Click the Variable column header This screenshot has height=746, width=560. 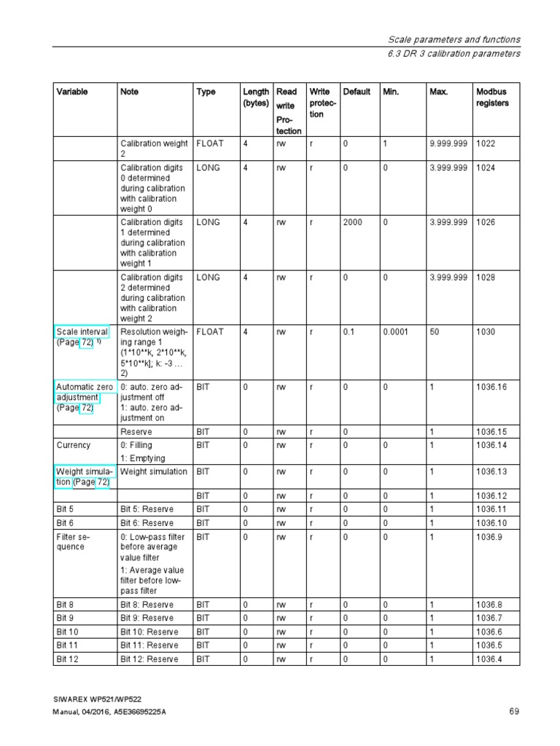(x=72, y=92)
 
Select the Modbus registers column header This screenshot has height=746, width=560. (x=492, y=98)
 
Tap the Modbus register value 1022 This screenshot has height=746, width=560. (x=486, y=144)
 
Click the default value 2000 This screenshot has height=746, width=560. (x=353, y=222)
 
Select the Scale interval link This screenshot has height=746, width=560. (x=82, y=332)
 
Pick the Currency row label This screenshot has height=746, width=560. (x=74, y=445)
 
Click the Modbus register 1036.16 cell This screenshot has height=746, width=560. (x=491, y=388)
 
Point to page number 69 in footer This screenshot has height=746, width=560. (x=514, y=712)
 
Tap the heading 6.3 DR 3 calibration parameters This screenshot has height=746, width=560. (x=454, y=54)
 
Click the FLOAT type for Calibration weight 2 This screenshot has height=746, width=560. (x=210, y=144)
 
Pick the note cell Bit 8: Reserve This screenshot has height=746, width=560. (x=147, y=605)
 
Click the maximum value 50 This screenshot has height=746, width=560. (x=435, y=332)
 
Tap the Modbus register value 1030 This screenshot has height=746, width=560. (x=486, y=332)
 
